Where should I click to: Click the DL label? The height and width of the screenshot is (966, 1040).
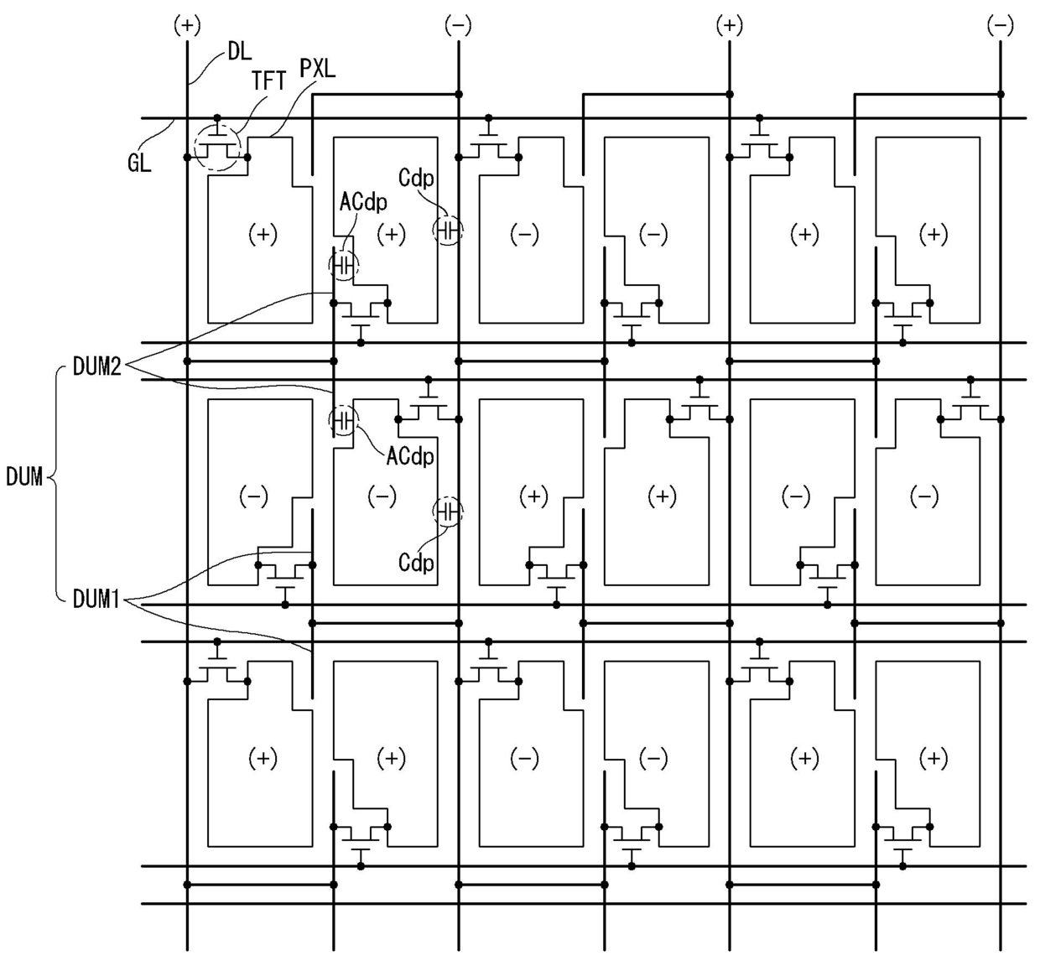pyautogui.click(x=240, y=52)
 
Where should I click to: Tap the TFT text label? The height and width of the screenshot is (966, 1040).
pyautogui.click(x=268, y=80)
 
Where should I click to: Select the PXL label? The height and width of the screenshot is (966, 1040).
pyautogui.click(x=318, y=69)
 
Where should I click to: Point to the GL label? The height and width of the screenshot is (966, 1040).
pyautogui.click(x=139, y=163)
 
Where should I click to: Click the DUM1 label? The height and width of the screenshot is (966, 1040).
pyautogui.click(x=96, y=599)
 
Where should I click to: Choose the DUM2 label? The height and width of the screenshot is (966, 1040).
pyautogui.click(x=97, y=366)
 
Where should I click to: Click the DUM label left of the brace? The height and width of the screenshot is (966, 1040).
pyautogui.click(x=24, y=476)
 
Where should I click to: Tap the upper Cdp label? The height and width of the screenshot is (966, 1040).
pyautogui.click(x=416, y=178)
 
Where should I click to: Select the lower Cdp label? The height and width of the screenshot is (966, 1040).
pyautogui.click(x=416, y=563)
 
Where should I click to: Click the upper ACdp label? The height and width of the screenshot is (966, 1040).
pyautogui.click(x=363, y=201)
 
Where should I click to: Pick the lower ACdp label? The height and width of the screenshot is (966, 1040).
pyautogui.click(x=410, y=456)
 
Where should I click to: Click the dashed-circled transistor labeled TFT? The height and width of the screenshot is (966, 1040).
pyautogui.click(x=217, y=148)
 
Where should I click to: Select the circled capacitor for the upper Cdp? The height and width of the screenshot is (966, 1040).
pyautogui.click(x=448, y=230)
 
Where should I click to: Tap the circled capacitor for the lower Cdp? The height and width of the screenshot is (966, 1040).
pyautogui.click(x=448, y=511)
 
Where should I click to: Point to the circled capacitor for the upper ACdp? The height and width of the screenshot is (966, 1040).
pyautogui.click(x=344, y=266)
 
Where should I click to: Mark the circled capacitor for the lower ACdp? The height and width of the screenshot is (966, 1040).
pyautogui.click(x=344, y=420)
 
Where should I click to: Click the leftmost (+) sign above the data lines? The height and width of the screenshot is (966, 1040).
pyautogui.click(x=187, y=25)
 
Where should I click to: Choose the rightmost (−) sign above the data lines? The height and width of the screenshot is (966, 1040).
pyautogui.click(x=1001, y=25)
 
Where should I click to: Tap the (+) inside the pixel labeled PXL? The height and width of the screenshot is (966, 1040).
pyautogui.click(x=263, y=234)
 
